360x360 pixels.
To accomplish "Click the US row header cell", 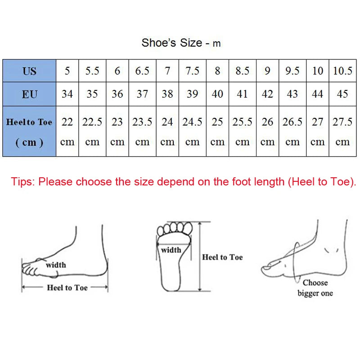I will pos(29,71).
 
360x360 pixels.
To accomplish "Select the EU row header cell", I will pos(29,94).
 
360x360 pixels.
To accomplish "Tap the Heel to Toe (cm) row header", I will pos(29,131).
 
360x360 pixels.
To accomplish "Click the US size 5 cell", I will pos(67,71).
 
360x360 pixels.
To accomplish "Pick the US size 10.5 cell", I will pos(342,71).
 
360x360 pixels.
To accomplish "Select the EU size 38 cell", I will pos(167,94).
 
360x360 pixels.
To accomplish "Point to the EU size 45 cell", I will pos(342,94).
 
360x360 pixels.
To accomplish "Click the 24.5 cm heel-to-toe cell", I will pos(192,131).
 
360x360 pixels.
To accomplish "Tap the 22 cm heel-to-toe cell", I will pos(67,131).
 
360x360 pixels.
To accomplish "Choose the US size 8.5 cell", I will pos(242,71).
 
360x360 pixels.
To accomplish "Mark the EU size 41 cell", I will pos(242,94).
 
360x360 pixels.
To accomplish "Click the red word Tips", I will pos(22,182).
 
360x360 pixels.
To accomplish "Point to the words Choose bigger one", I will pos(315,288).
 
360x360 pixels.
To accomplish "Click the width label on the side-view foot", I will pos(56,265).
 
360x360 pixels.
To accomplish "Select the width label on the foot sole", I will pos(171,250).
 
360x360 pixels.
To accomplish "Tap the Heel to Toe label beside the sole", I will pos(222,257).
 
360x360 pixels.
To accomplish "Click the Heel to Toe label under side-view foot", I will pos(67,288).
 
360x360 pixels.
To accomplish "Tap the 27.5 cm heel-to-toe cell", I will pos(342,131).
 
